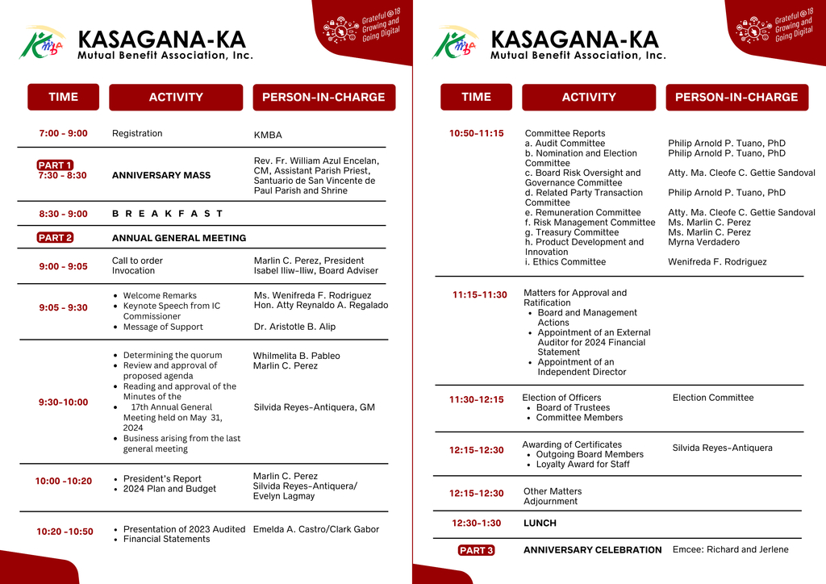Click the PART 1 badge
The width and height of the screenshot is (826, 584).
(x=55, y=165)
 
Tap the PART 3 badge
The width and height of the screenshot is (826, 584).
(x=476, y=550)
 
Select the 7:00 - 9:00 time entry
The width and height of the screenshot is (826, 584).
(x=63, y=133)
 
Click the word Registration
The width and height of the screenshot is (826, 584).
(x=137, y=133)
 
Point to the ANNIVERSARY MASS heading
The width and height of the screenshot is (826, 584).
(x=161, y=175)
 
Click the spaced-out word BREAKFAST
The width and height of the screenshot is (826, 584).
(x=167, y=214)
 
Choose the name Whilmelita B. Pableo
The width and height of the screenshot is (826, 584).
(x=296, y=356)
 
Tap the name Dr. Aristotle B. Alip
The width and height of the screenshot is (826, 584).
(x=294, y=327)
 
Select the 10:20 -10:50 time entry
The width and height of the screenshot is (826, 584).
(x=65, y=532)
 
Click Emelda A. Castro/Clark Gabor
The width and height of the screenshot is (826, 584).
(x=315, y=529)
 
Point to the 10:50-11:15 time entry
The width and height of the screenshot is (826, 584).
(x=476, y=133)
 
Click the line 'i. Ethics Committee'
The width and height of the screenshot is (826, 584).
(x=565, y=261)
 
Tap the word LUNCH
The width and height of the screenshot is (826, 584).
(x=540, y=523)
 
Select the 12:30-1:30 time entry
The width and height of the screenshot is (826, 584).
(x=476, y=523)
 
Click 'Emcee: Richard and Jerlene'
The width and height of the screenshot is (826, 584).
(x=730, y=549)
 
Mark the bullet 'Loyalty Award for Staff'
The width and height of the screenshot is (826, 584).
(x=582, y=464)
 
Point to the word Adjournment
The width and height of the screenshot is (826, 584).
(x=550, y=501)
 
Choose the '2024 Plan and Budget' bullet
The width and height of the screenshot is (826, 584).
(x=169, y=489)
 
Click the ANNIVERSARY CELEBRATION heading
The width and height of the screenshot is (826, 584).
(x=592, y=550)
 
